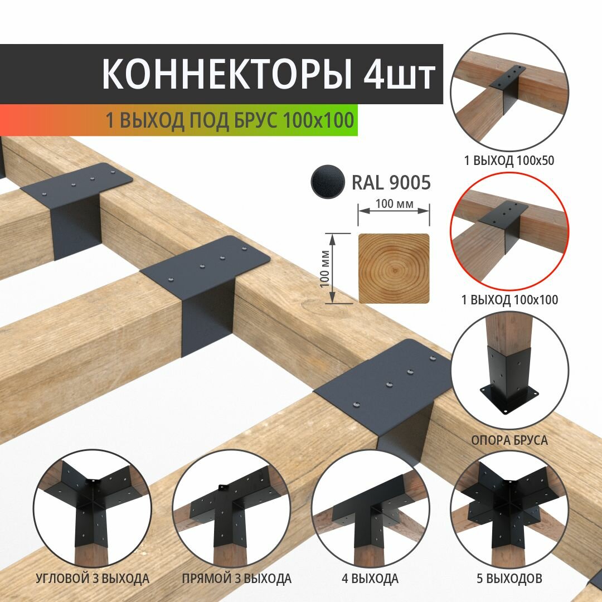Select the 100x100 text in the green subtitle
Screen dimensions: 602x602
(x=318, y=120)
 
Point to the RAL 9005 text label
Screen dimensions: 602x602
(x=391, y=182)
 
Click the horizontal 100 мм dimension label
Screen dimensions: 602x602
(x=394, y=205)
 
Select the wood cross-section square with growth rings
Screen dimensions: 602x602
(x=394, y=269)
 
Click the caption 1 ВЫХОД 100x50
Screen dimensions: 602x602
(x=509, y=161)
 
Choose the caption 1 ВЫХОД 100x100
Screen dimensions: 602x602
(x=509, y=300)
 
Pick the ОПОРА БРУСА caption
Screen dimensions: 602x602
(x=509, y=440)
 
